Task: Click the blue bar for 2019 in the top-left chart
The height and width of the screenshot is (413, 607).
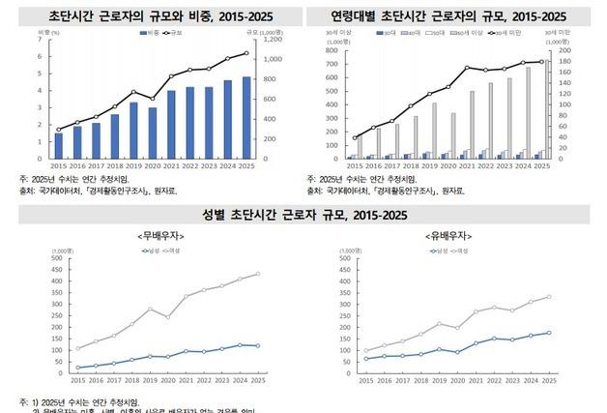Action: (x=133, y=131)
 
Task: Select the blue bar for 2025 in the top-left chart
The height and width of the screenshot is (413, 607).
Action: (x=246, y=118)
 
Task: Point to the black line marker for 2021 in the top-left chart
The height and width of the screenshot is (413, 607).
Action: (x=171, y=76)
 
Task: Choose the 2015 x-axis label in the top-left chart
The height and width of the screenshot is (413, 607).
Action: (x=59, y=165)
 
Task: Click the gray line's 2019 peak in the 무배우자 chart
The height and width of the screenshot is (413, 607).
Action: (x=150, y=309)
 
